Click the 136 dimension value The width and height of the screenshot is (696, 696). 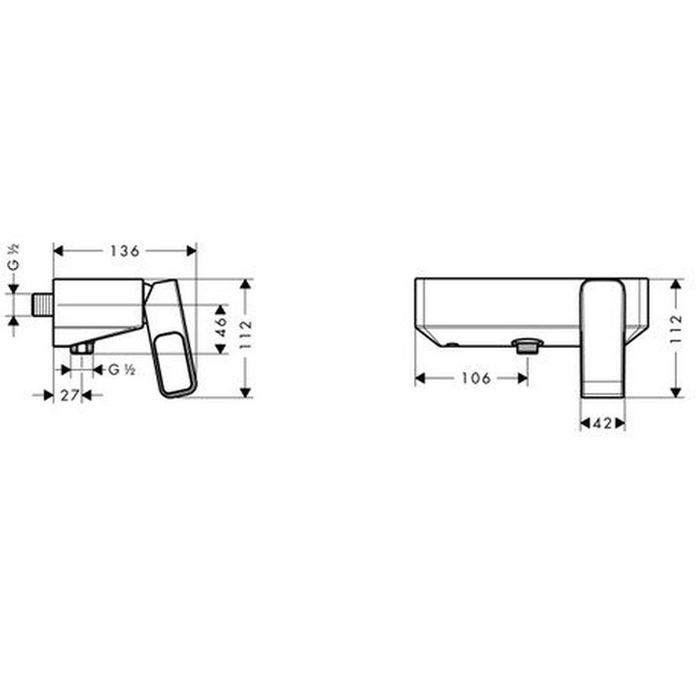pos(125,251)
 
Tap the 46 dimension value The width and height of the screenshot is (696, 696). pos(221,327)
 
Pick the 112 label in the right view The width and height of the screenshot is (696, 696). pos(676,329)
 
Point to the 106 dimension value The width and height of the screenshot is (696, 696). pos(476,379)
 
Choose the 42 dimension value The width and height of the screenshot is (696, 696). pos(602,423)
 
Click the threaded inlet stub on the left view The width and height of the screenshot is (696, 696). pos(43,305)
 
